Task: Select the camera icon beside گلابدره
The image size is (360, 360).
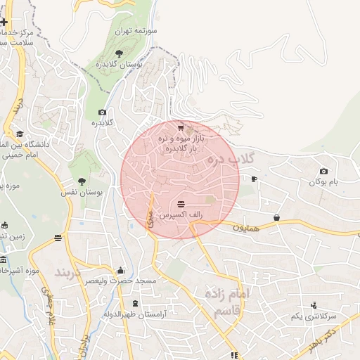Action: coord(103,112)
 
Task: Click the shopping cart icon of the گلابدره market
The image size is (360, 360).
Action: coord(181,128)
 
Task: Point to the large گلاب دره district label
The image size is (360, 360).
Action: coord(231,160)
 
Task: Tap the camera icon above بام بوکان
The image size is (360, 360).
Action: coord(323,172)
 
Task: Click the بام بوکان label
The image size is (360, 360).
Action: coord(326,182)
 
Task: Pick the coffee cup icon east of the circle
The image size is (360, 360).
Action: coord(254,179)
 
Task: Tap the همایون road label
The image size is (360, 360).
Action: coord(247,228)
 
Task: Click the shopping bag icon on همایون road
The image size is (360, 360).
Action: coord(277,218)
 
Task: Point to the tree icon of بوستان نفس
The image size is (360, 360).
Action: coord(82,181)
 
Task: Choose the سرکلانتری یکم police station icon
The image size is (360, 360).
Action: coord(314,305)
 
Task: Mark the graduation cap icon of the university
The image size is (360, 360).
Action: coord(20,134)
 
